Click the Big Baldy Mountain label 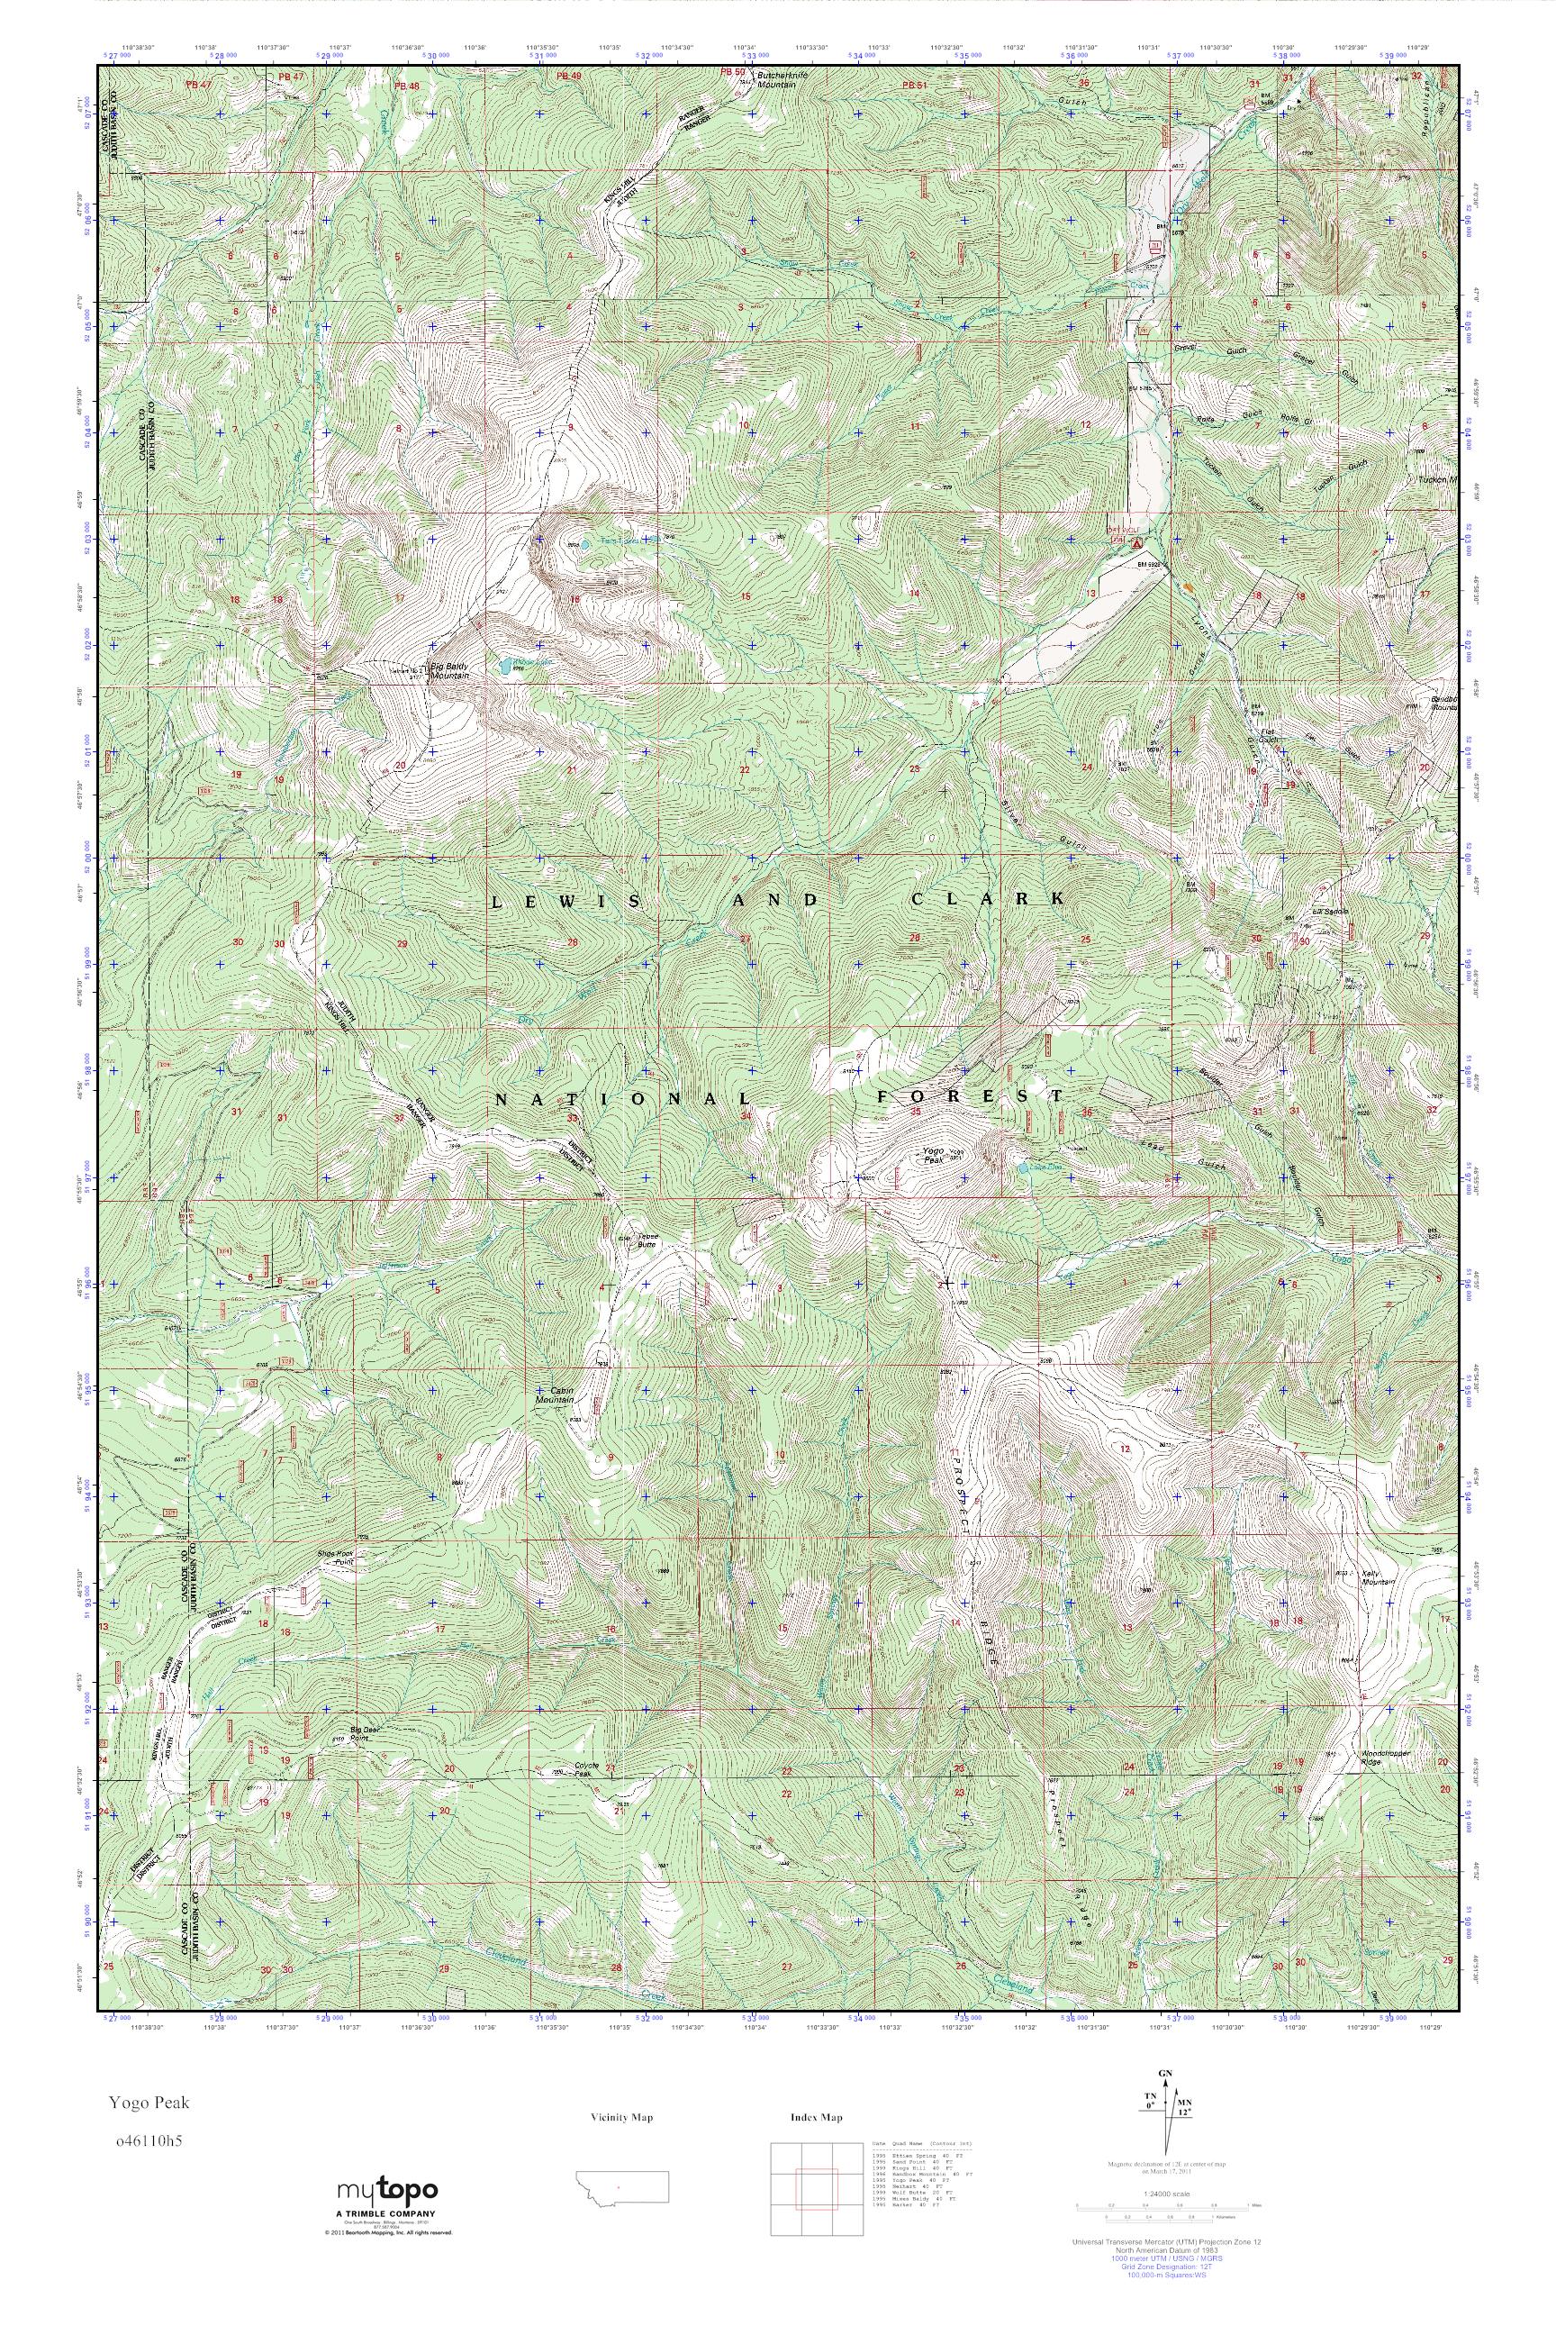448,670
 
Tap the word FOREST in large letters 970,1097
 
